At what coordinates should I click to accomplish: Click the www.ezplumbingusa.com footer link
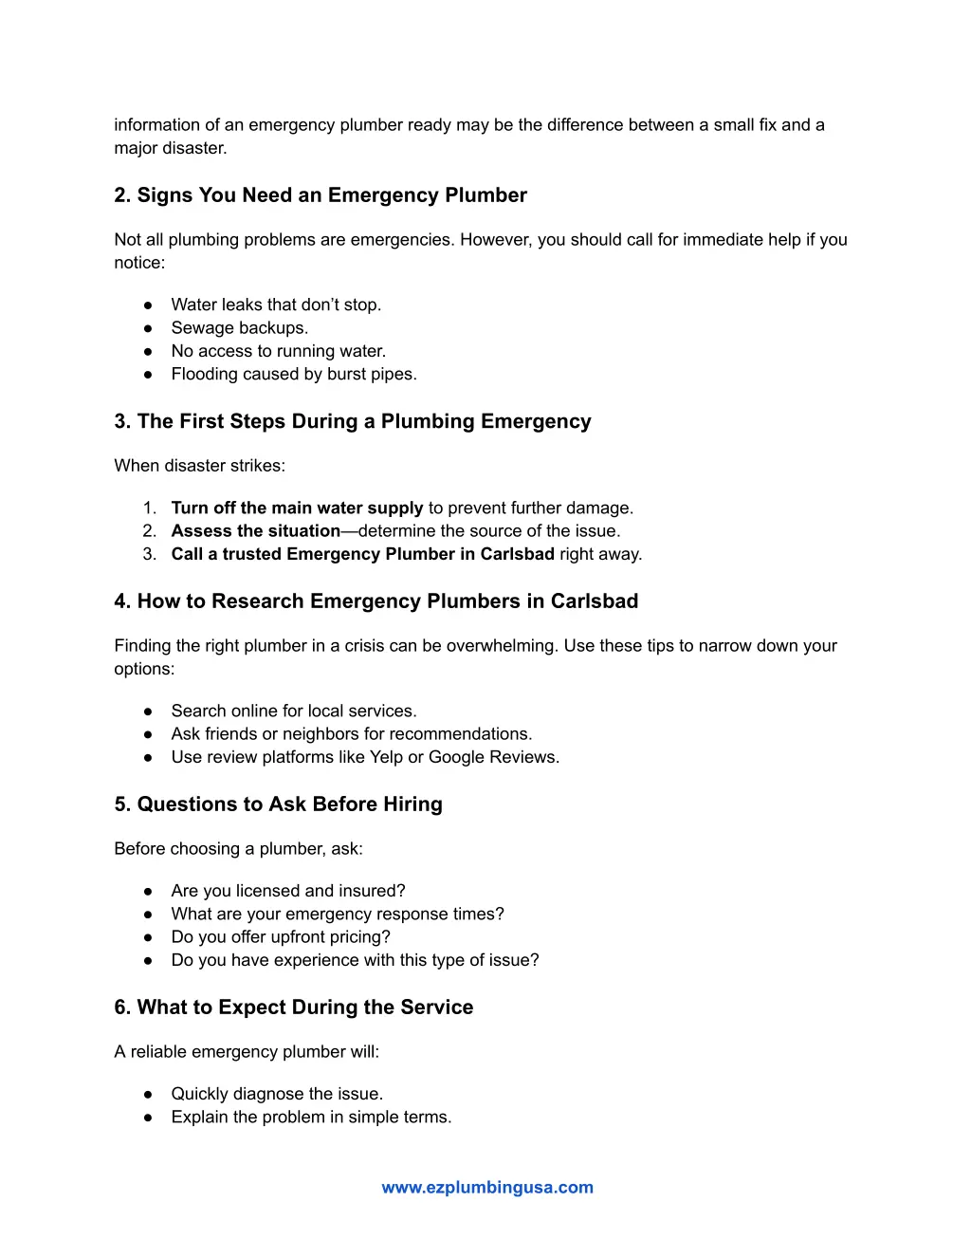tap(487, 1187)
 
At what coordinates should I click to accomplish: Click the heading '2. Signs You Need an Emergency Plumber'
tap(321, 195)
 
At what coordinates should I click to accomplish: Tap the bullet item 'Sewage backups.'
tap(239, 328)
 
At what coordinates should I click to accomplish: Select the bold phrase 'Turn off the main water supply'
tap(297, 508)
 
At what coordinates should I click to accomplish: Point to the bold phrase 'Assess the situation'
tap(255, 531)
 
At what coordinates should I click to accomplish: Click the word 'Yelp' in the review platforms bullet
tap(386, 757)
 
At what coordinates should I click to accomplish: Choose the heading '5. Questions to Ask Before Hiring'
tap(278, 804)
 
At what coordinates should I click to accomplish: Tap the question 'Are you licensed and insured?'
tap(288, 891)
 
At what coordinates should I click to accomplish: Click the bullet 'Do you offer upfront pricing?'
tap(281, 937)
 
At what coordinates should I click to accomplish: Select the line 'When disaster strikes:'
tap(199, 466)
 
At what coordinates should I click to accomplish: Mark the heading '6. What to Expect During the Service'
tap(293, 1007)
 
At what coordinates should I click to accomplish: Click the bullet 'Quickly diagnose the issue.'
tap(277, 1094)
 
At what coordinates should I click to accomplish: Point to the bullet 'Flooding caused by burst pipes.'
tap(294, 375)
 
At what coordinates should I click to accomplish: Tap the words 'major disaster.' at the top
tap(171, 148)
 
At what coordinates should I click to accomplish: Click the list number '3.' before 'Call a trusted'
tap(150, 554)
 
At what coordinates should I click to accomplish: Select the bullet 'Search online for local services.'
tap(294, 712)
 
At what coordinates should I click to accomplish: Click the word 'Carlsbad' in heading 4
tap(595, 601)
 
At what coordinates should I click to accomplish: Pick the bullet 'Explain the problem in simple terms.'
tap(311, 1118)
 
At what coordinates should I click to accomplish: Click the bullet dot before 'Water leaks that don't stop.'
tap(148, 305)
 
